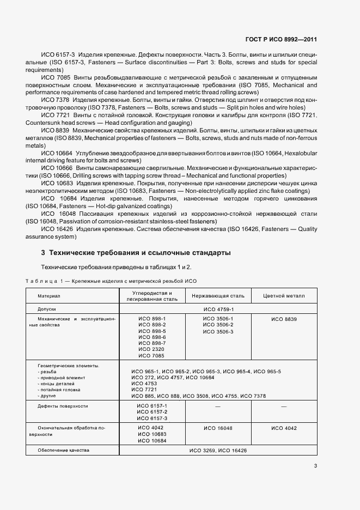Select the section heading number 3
pos(43,253)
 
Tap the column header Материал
pos(49,296)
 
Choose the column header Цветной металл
pos(284,296)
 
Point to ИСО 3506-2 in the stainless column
pos(218,325)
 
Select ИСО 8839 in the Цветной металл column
pos(284,319)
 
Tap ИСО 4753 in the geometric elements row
pos(144,384)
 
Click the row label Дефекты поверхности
pos(63,406)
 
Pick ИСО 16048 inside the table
pos(218,428)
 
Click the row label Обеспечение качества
pos(63,451)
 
